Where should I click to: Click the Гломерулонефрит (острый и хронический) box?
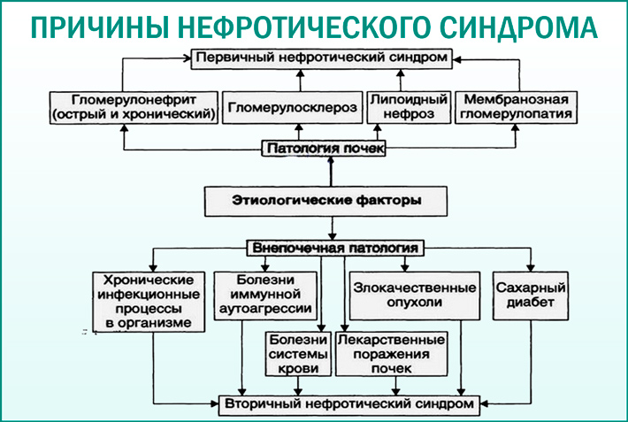click(134, 107)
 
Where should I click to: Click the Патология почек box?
click(325, 149)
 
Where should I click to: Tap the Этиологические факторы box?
click(326, 201)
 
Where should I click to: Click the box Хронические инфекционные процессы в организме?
click(149, 301)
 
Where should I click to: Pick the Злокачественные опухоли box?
click(409, 295)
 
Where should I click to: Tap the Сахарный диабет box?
click(531, 295)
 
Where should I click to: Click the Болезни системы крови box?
click(299, 354)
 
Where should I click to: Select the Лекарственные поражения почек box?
click(390, 354)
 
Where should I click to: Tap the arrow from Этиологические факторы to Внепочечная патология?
click(329, 227)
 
